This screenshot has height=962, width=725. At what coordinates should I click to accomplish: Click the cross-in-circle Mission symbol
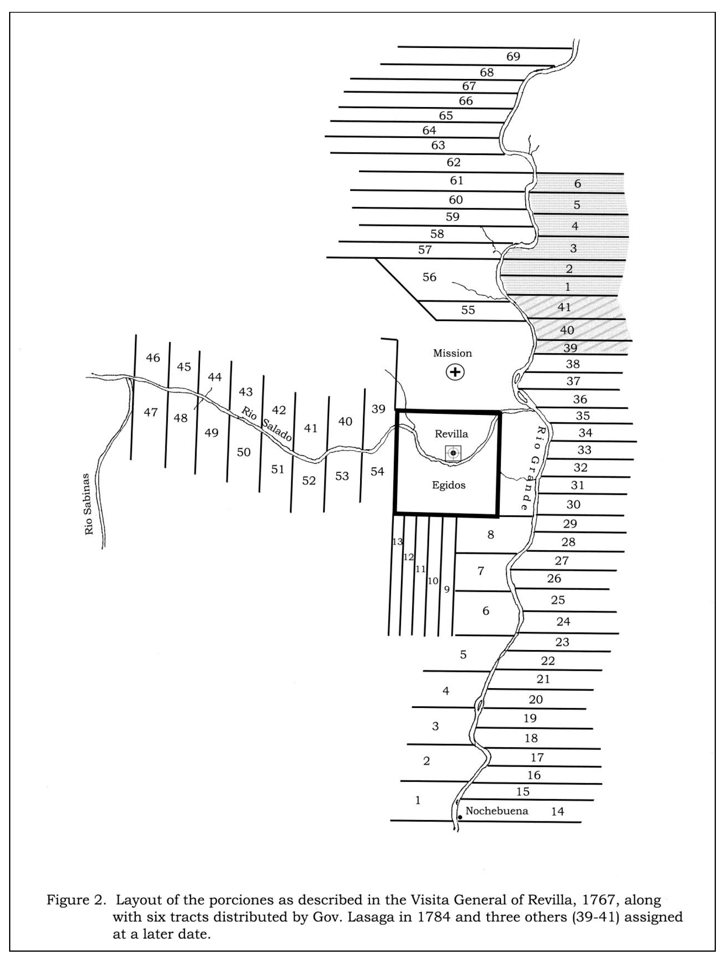455,372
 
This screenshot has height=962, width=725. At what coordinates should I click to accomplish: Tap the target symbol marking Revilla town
453,453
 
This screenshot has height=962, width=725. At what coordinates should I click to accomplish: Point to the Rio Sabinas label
89,504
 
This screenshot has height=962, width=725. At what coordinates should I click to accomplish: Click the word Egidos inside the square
449,485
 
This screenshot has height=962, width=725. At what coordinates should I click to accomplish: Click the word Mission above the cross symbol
452,353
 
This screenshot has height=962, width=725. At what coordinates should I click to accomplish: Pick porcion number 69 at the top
513,57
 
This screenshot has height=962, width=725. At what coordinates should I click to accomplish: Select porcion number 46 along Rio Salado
153,358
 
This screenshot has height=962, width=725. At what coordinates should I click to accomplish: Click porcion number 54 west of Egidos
377,471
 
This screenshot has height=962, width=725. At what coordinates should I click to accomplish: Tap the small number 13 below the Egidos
397,542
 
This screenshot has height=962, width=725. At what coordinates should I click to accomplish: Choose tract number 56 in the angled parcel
429,277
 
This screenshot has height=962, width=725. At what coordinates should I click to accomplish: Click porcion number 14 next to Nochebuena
558,811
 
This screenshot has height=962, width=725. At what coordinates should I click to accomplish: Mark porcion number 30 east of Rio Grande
573,504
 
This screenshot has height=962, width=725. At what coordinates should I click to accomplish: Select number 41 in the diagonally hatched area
564,307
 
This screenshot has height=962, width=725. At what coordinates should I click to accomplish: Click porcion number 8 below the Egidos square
491,534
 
